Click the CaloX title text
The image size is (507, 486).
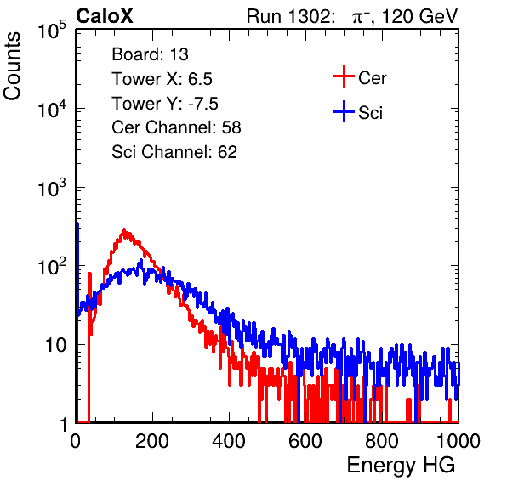105,16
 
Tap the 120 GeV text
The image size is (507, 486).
419,16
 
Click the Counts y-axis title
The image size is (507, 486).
12,66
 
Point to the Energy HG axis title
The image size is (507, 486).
401,465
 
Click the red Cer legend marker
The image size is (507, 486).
344,76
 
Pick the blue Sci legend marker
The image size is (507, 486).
344,112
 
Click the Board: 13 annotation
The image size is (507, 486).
150,54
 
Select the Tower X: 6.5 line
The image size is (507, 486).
162,79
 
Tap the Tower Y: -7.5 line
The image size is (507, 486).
165,104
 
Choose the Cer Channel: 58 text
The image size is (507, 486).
177,127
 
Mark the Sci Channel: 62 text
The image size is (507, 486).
174,152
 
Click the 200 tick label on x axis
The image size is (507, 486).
152,441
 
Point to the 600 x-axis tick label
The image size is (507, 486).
305,441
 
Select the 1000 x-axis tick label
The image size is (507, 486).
459,441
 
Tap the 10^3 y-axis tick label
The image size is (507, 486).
52,188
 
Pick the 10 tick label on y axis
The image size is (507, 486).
55,345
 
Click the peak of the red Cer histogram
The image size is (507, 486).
124,230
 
